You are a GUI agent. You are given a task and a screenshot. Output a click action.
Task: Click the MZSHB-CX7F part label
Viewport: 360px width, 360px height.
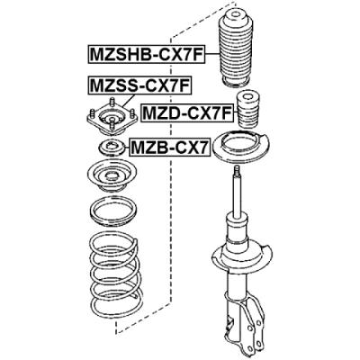(x=146, y=54)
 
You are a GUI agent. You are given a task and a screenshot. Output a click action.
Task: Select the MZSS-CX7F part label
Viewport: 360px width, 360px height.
(x=139, y=85)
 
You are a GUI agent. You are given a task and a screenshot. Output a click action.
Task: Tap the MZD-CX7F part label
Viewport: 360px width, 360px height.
(x=187, y=112)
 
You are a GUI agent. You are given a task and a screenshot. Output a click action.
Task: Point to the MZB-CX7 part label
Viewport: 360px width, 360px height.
(x=168, y=147)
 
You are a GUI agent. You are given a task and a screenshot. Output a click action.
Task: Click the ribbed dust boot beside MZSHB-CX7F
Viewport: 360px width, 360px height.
(x=234, y=49)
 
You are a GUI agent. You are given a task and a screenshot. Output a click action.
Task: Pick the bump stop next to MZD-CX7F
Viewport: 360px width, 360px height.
(x=247, y=111)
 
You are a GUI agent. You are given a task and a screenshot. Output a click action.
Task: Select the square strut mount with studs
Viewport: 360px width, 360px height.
(x=112, y=117)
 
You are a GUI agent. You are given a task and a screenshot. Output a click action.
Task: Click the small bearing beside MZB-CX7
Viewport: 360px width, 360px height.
(x=112, y=147)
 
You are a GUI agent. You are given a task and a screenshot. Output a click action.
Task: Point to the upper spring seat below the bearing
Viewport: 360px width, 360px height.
(x=112, y=176)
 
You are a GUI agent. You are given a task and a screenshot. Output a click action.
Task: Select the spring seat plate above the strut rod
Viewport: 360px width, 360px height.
(x=241, y=147)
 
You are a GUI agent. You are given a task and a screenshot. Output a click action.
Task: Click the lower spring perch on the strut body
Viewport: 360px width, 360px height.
(x=241, y=256)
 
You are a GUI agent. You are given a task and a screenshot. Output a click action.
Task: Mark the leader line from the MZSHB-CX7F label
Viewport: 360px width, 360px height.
(x=211, y=54)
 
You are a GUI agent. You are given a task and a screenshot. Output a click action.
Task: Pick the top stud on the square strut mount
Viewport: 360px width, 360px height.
(x=112, y=101)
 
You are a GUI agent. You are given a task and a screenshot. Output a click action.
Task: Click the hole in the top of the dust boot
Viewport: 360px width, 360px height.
(x=234, y=13)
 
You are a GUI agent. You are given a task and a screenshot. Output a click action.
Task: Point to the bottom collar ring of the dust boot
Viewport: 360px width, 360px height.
(x=236, y=83)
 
